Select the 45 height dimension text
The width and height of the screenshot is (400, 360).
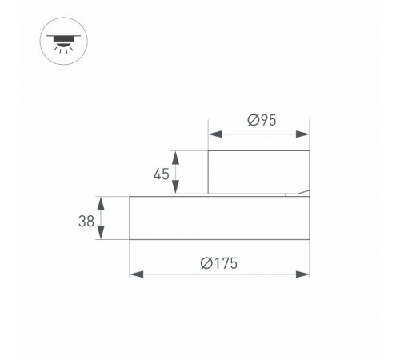pos(162,173)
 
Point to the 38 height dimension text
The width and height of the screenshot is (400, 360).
pos(86,218)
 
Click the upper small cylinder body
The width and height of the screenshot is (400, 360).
pos(258,172)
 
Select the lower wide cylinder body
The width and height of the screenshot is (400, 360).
pos(218,217)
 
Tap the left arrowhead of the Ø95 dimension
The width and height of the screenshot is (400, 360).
pos(213,134)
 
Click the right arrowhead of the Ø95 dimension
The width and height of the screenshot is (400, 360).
pos(304,134)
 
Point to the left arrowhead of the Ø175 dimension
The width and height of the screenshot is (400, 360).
pos(134,274)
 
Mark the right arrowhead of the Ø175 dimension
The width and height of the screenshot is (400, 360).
pos(304,274)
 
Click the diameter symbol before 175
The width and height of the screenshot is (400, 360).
pos(206,262)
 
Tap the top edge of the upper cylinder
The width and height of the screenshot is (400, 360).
pos(258,151)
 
